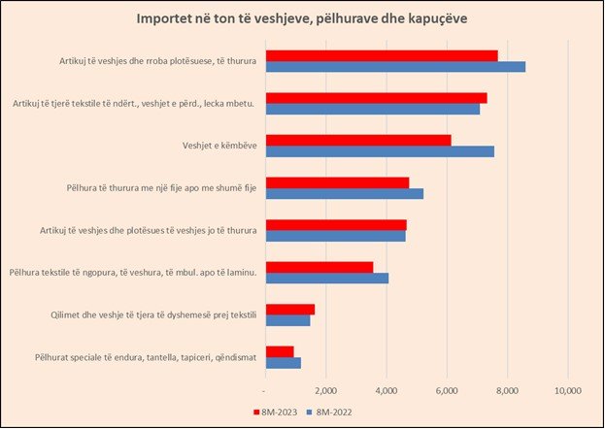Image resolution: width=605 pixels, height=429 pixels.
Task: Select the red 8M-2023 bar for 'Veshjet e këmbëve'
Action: (358, 140)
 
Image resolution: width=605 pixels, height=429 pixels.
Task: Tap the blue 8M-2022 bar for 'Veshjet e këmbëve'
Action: (380, 151)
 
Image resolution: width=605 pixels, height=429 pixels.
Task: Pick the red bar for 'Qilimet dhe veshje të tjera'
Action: (289, 309)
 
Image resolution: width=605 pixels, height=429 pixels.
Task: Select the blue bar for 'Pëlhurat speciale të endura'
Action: (283, 363)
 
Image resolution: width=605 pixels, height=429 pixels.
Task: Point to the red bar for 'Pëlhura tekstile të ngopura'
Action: (319, 267)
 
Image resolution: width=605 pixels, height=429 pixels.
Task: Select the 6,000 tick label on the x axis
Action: (446, 390)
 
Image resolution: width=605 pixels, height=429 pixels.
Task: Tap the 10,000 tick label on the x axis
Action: (567, 390)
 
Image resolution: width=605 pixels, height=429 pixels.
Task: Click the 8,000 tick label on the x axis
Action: (506, 390)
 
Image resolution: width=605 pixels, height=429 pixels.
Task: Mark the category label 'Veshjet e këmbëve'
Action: (212, 146)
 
